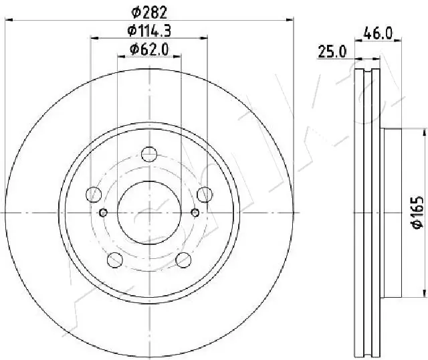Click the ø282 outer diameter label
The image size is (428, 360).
pos(148,11)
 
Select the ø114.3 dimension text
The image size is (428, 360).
pos(148,29)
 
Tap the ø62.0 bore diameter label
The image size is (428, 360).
pos(148,48)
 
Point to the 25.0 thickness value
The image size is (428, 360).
pos(332,52)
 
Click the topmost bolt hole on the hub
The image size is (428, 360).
pos(149,157)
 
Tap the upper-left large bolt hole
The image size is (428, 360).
pos(94,195)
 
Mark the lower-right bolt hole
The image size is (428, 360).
pos(183,261)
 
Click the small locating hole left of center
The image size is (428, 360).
pos(103,213)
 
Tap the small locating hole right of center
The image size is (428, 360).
pos(195,213)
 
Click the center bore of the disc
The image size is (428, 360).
pos(149,213)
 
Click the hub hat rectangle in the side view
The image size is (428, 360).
pos(393,213)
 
